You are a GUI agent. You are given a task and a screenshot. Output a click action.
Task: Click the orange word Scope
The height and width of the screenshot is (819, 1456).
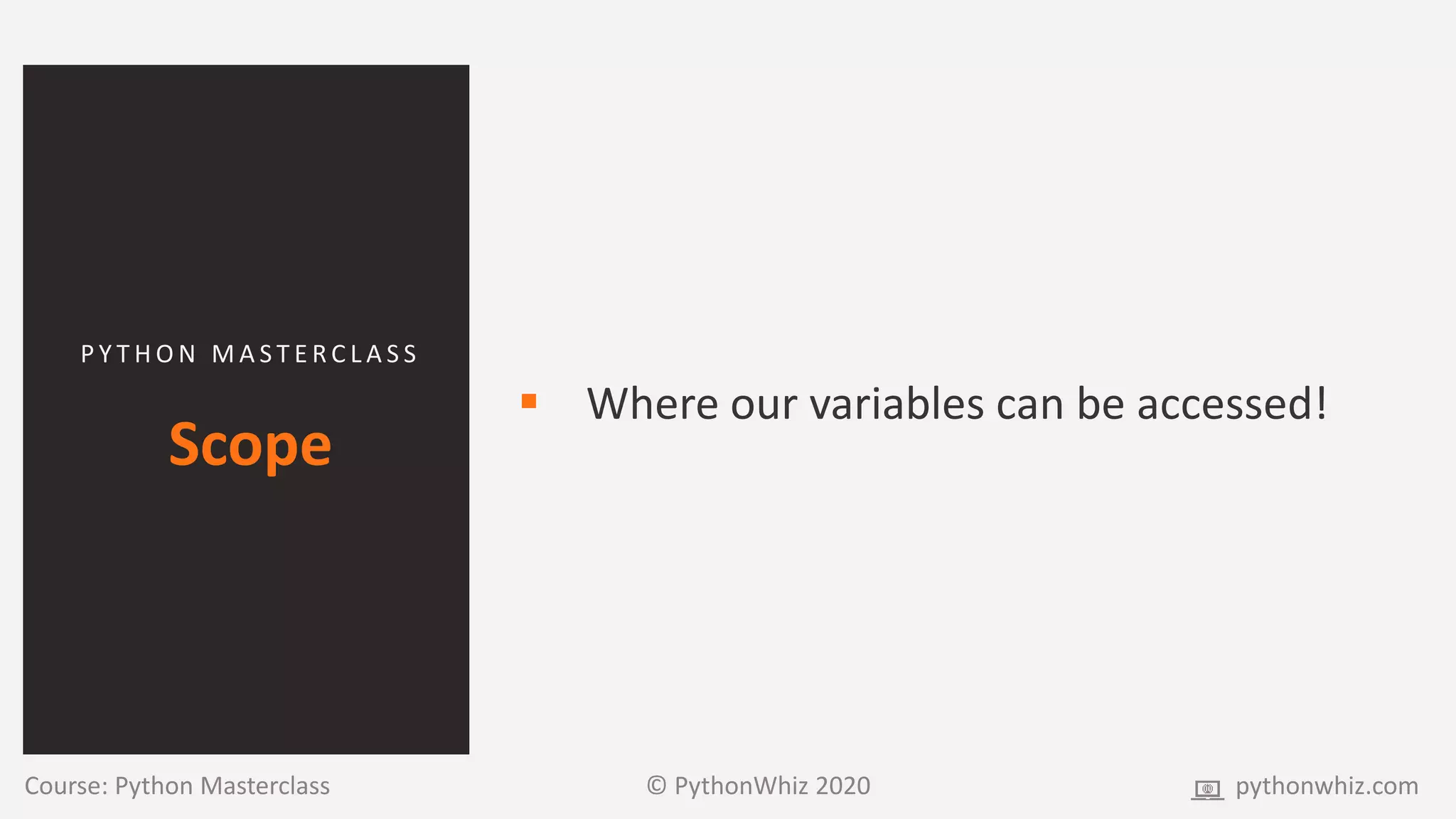[x=250, y=445]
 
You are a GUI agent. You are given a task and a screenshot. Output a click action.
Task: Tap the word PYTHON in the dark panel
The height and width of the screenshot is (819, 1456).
[x=139, y=354]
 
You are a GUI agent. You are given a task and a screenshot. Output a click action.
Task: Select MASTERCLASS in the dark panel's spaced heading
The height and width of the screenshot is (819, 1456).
[x=315, y=354]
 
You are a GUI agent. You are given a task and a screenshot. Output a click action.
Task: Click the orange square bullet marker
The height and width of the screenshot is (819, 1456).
[x=529, y=401]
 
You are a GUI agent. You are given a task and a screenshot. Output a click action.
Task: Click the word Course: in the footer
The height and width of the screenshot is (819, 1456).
[x=66, y=786]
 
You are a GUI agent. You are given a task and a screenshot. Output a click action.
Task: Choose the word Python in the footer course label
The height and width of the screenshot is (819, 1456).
[x=154, y=787]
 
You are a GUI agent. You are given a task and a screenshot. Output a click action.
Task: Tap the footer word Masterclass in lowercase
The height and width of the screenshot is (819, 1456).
[x=264, y=786]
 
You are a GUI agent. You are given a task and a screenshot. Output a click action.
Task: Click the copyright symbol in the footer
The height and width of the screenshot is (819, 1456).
[x=656, y=786]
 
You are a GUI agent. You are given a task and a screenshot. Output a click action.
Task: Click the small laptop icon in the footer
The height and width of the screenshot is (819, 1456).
[x=1207, y=789]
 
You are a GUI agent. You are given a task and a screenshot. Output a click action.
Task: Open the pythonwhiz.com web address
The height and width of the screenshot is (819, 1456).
[x=1327, y=787]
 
